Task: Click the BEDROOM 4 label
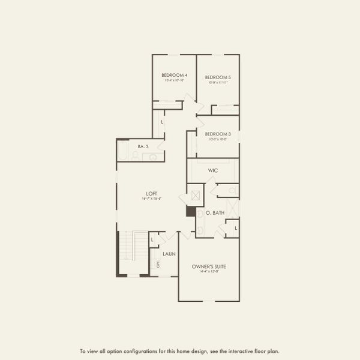tap(174, 76)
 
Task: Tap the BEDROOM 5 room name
tap(218, 77)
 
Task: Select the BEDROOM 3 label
tap(218, 134)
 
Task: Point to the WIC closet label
tap(213, 170)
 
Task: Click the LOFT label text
tap(152, 193)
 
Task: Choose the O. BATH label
tap(215, 213)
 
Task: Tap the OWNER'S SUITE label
tap(209, 266)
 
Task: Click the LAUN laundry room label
tap(169, 254)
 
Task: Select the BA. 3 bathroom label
tap(143, 146)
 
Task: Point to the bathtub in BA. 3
tap(123, 151)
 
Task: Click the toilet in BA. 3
tap(136, 156)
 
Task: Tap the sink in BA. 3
tap(152, 157)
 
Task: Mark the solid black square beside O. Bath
tap(191, 211)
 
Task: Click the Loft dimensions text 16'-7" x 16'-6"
tap(152, 199)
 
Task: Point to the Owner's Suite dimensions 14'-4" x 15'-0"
tap(209, 272)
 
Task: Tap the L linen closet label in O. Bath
tap(236, 228)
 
